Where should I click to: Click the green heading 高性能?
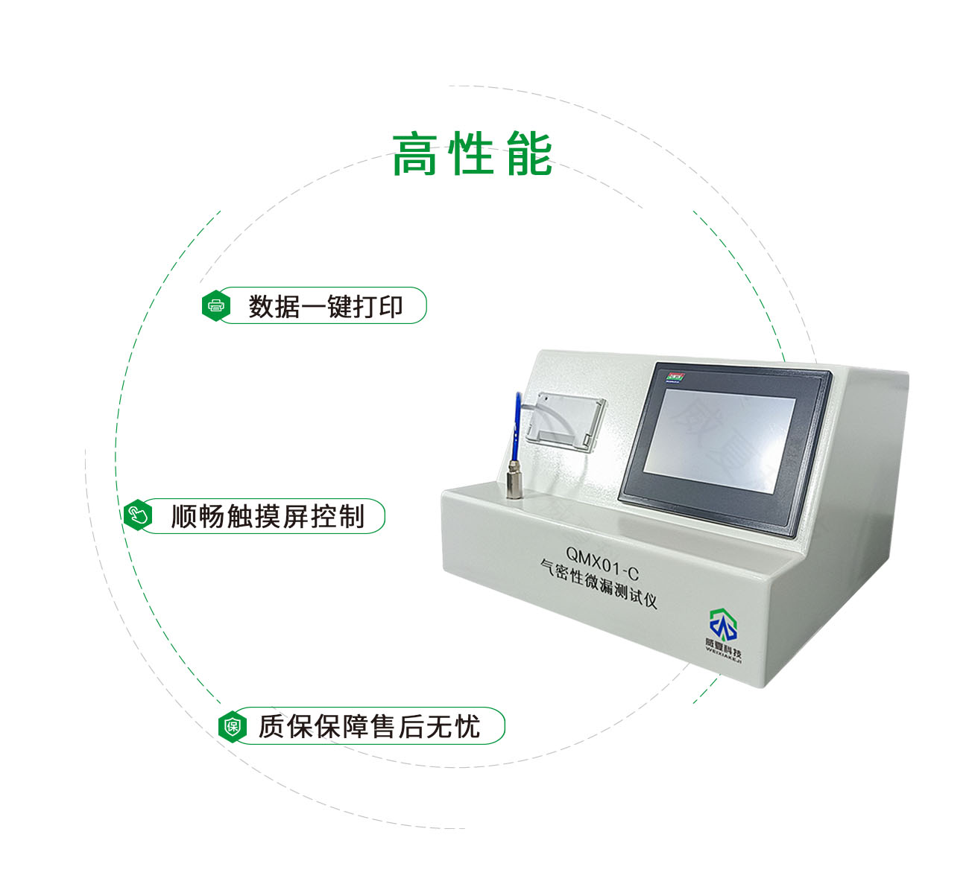[x=472, y=154]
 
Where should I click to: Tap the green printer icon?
[x=216, y=305]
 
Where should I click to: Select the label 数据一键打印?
[x=326, y=306]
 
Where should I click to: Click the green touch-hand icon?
[x=138, y=515]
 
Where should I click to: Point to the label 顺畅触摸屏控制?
[x=268, y=516]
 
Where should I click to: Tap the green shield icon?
[x=233, y=726]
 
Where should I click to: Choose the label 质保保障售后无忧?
[x=369, y=726]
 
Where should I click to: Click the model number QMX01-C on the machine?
[x=602, y=556]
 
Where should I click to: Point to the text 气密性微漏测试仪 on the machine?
[x=600, y=585]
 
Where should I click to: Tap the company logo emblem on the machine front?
[x=722, y=624]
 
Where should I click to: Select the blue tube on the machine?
[x=516, y=428]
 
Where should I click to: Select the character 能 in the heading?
[x=528, y=154]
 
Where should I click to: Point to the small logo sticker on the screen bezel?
[x=676, y=376]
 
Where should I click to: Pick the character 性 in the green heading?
[x=472, y=154]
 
